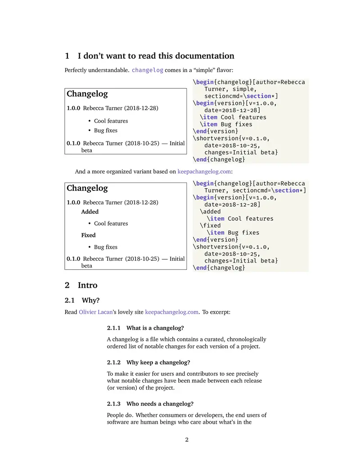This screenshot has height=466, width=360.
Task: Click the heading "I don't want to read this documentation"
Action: (156, 56)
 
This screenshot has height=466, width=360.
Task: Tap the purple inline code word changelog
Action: (147, 70)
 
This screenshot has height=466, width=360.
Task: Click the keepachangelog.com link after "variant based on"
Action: (204, 172)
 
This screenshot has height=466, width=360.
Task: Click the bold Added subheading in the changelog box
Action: (90, 212)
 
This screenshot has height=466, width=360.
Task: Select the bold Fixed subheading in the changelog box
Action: (88, 235)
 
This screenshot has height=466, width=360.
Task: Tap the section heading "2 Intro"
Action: (81, 285)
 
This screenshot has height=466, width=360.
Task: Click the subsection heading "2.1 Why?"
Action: (82, 300)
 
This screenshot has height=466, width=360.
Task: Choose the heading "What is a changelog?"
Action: (155, 328)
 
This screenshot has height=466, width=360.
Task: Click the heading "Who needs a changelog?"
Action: (160, 404)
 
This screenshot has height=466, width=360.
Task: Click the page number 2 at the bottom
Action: (187, 440)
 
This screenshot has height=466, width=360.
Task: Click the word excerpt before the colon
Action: (219, 312)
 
